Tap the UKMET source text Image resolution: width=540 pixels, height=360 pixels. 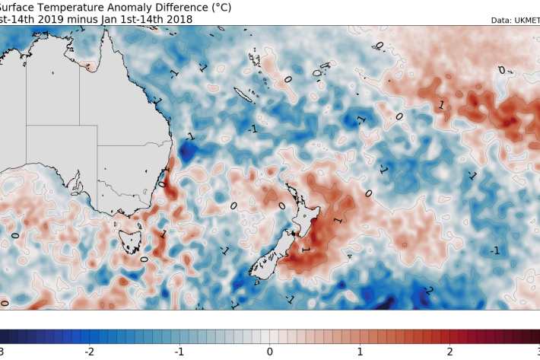coord(526,20)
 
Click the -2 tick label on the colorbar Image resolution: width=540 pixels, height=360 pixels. coord(89,352)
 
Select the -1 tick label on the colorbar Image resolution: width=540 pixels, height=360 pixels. coord(179,352)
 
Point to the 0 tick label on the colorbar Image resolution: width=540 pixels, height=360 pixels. coord(270,352)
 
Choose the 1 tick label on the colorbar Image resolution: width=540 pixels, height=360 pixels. coord(360,352)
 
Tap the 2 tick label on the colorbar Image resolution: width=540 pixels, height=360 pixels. coord(449,352)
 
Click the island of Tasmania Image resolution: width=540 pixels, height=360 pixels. coord(131,241)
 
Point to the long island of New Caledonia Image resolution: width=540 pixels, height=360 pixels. coord(244,95)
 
